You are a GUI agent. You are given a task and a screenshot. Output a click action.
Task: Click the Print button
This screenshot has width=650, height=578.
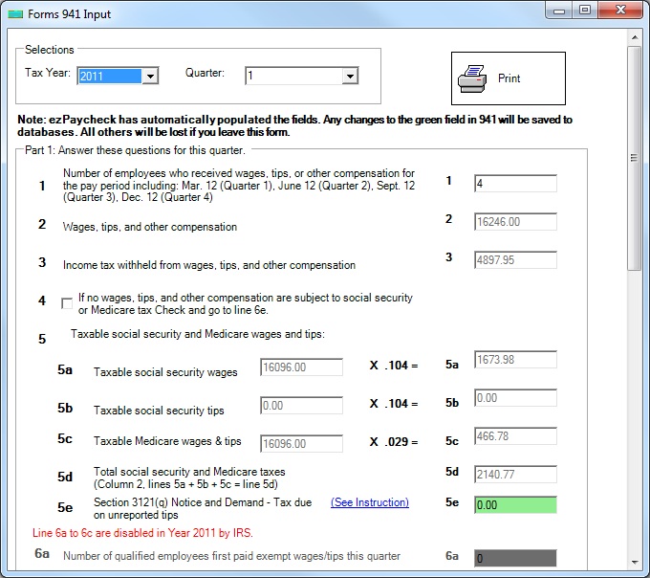509,78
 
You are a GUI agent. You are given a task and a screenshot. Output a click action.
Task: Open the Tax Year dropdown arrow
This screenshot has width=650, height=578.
150,77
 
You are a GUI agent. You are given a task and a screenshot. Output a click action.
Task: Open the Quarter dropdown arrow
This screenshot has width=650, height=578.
350,77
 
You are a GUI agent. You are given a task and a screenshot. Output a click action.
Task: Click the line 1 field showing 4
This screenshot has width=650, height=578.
515,184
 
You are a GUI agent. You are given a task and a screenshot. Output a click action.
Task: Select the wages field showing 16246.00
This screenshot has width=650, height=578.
515,222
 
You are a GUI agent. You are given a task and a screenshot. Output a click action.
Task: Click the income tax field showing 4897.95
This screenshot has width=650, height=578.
515,259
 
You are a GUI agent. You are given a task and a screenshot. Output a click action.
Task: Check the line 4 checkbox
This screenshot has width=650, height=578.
67,303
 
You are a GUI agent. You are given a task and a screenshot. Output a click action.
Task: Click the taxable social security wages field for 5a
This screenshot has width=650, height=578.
301,367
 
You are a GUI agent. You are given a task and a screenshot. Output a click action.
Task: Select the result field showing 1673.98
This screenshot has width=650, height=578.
515,359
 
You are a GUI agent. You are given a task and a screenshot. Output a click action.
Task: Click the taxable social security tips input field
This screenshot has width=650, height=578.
301,406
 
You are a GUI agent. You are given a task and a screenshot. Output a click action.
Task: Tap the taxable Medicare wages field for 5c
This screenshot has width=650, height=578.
301,444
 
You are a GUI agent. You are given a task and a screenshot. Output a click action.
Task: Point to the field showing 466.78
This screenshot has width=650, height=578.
515,436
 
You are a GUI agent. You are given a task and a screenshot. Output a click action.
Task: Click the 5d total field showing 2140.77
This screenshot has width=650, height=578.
515,475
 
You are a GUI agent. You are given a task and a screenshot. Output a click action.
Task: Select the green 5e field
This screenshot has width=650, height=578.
515,505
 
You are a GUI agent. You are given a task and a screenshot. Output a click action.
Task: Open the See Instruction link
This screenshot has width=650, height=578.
370,502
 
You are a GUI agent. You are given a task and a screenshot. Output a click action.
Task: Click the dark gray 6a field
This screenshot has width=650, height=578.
515,558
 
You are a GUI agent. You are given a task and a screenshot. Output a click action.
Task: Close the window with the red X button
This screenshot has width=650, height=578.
620,10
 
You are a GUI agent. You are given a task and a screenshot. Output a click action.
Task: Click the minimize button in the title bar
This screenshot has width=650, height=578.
559,11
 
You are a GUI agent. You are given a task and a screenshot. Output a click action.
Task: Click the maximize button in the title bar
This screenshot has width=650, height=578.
585,10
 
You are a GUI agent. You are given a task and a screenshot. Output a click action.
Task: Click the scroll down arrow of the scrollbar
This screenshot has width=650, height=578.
635,563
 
